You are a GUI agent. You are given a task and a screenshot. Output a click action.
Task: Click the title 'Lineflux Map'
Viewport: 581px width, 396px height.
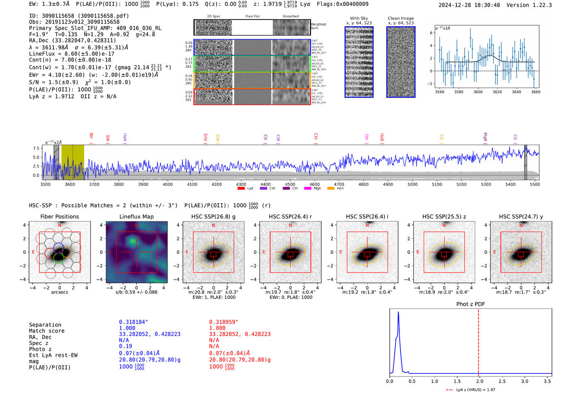pyautogui.click(x=136, y=216)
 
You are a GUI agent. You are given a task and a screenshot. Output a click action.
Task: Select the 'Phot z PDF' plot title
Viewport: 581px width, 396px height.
pyautogui.click(x=470, y=304)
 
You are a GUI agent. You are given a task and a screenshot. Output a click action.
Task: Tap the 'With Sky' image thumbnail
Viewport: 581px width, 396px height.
pyautogui.click(x=359, y=62)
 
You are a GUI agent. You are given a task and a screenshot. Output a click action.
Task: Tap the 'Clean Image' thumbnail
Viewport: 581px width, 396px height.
pyautogui.click(x=401, y=62)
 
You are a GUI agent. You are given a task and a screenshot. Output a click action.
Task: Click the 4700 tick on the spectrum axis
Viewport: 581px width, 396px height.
pyautogui.click(x=339, y=184)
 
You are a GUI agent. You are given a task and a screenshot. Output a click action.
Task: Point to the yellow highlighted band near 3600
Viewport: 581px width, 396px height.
pyautogui.click(x=73, y=162)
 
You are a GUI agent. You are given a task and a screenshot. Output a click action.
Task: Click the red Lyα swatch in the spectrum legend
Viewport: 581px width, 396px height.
pyautogui.click(x=241, y=189)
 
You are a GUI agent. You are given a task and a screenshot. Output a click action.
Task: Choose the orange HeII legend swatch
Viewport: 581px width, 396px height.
pyautogui.click(x=331, y=189)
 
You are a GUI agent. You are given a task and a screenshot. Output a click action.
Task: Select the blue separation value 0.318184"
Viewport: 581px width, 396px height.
pyautogui.click(x=133, y=322)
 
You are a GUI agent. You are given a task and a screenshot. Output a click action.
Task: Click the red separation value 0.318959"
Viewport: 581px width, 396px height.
pyautogui.click(x=223, y=322)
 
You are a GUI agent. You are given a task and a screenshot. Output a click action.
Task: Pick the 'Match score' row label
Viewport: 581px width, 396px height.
pyautogui.click(x=46, y=331)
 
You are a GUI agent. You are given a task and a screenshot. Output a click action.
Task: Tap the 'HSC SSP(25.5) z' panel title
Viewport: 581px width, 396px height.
pyautogui.click(x=444, y=216)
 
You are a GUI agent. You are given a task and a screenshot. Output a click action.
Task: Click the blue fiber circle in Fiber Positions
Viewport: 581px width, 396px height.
pyautogui.click(x=59, y=248)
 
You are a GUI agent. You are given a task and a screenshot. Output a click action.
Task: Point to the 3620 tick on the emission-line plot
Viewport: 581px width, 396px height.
pyautogui.click(x=497, y=92)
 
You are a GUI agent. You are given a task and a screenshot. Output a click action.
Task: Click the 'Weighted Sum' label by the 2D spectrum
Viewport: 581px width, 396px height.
pyautogui.click(x=318, y=26)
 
